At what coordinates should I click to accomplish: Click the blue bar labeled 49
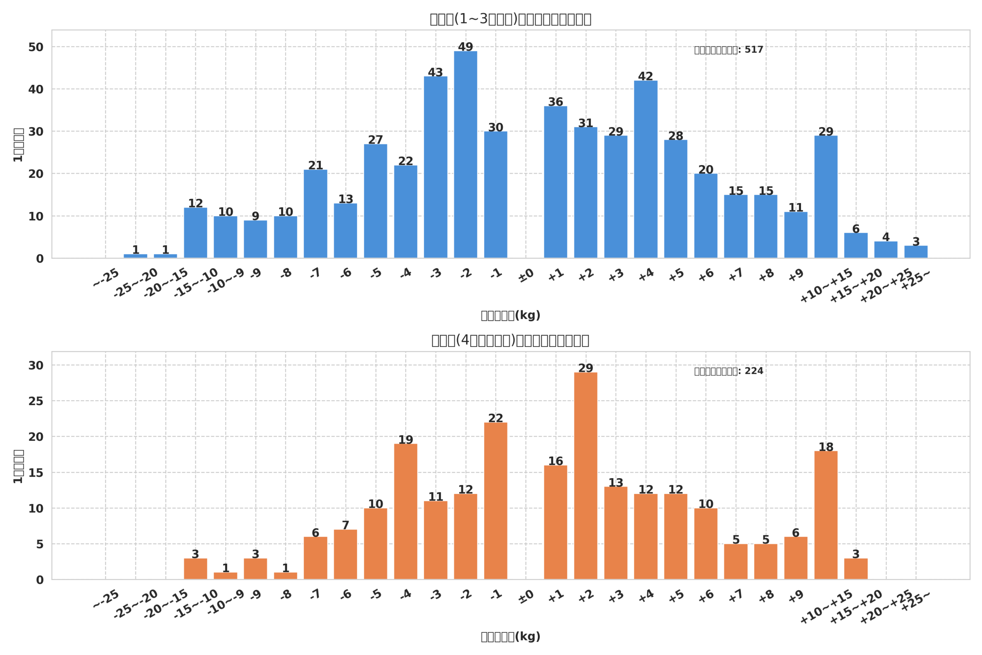click(466, 155)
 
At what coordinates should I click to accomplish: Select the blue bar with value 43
click(435, 167)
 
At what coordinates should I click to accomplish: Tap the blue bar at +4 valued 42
click(646, 169)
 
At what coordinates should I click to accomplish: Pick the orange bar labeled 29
click(585, 476)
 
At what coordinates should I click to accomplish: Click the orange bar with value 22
click(496, 501)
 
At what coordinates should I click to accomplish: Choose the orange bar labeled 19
click(405, 512)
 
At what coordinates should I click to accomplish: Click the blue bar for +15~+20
click(855, 245)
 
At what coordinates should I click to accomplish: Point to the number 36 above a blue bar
click(555, 102)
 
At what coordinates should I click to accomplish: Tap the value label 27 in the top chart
click(376, 140)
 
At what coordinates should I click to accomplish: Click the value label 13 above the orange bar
click(615, 483)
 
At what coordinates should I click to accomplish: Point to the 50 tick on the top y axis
click(36, 47)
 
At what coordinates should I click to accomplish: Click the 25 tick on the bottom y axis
click(36, 401)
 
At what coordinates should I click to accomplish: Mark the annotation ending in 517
click(728, 50)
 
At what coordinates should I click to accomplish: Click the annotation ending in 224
click(728, 371)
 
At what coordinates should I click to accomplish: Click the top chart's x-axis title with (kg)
click(510, 315)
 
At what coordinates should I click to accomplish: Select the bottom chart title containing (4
click(510, 340)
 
